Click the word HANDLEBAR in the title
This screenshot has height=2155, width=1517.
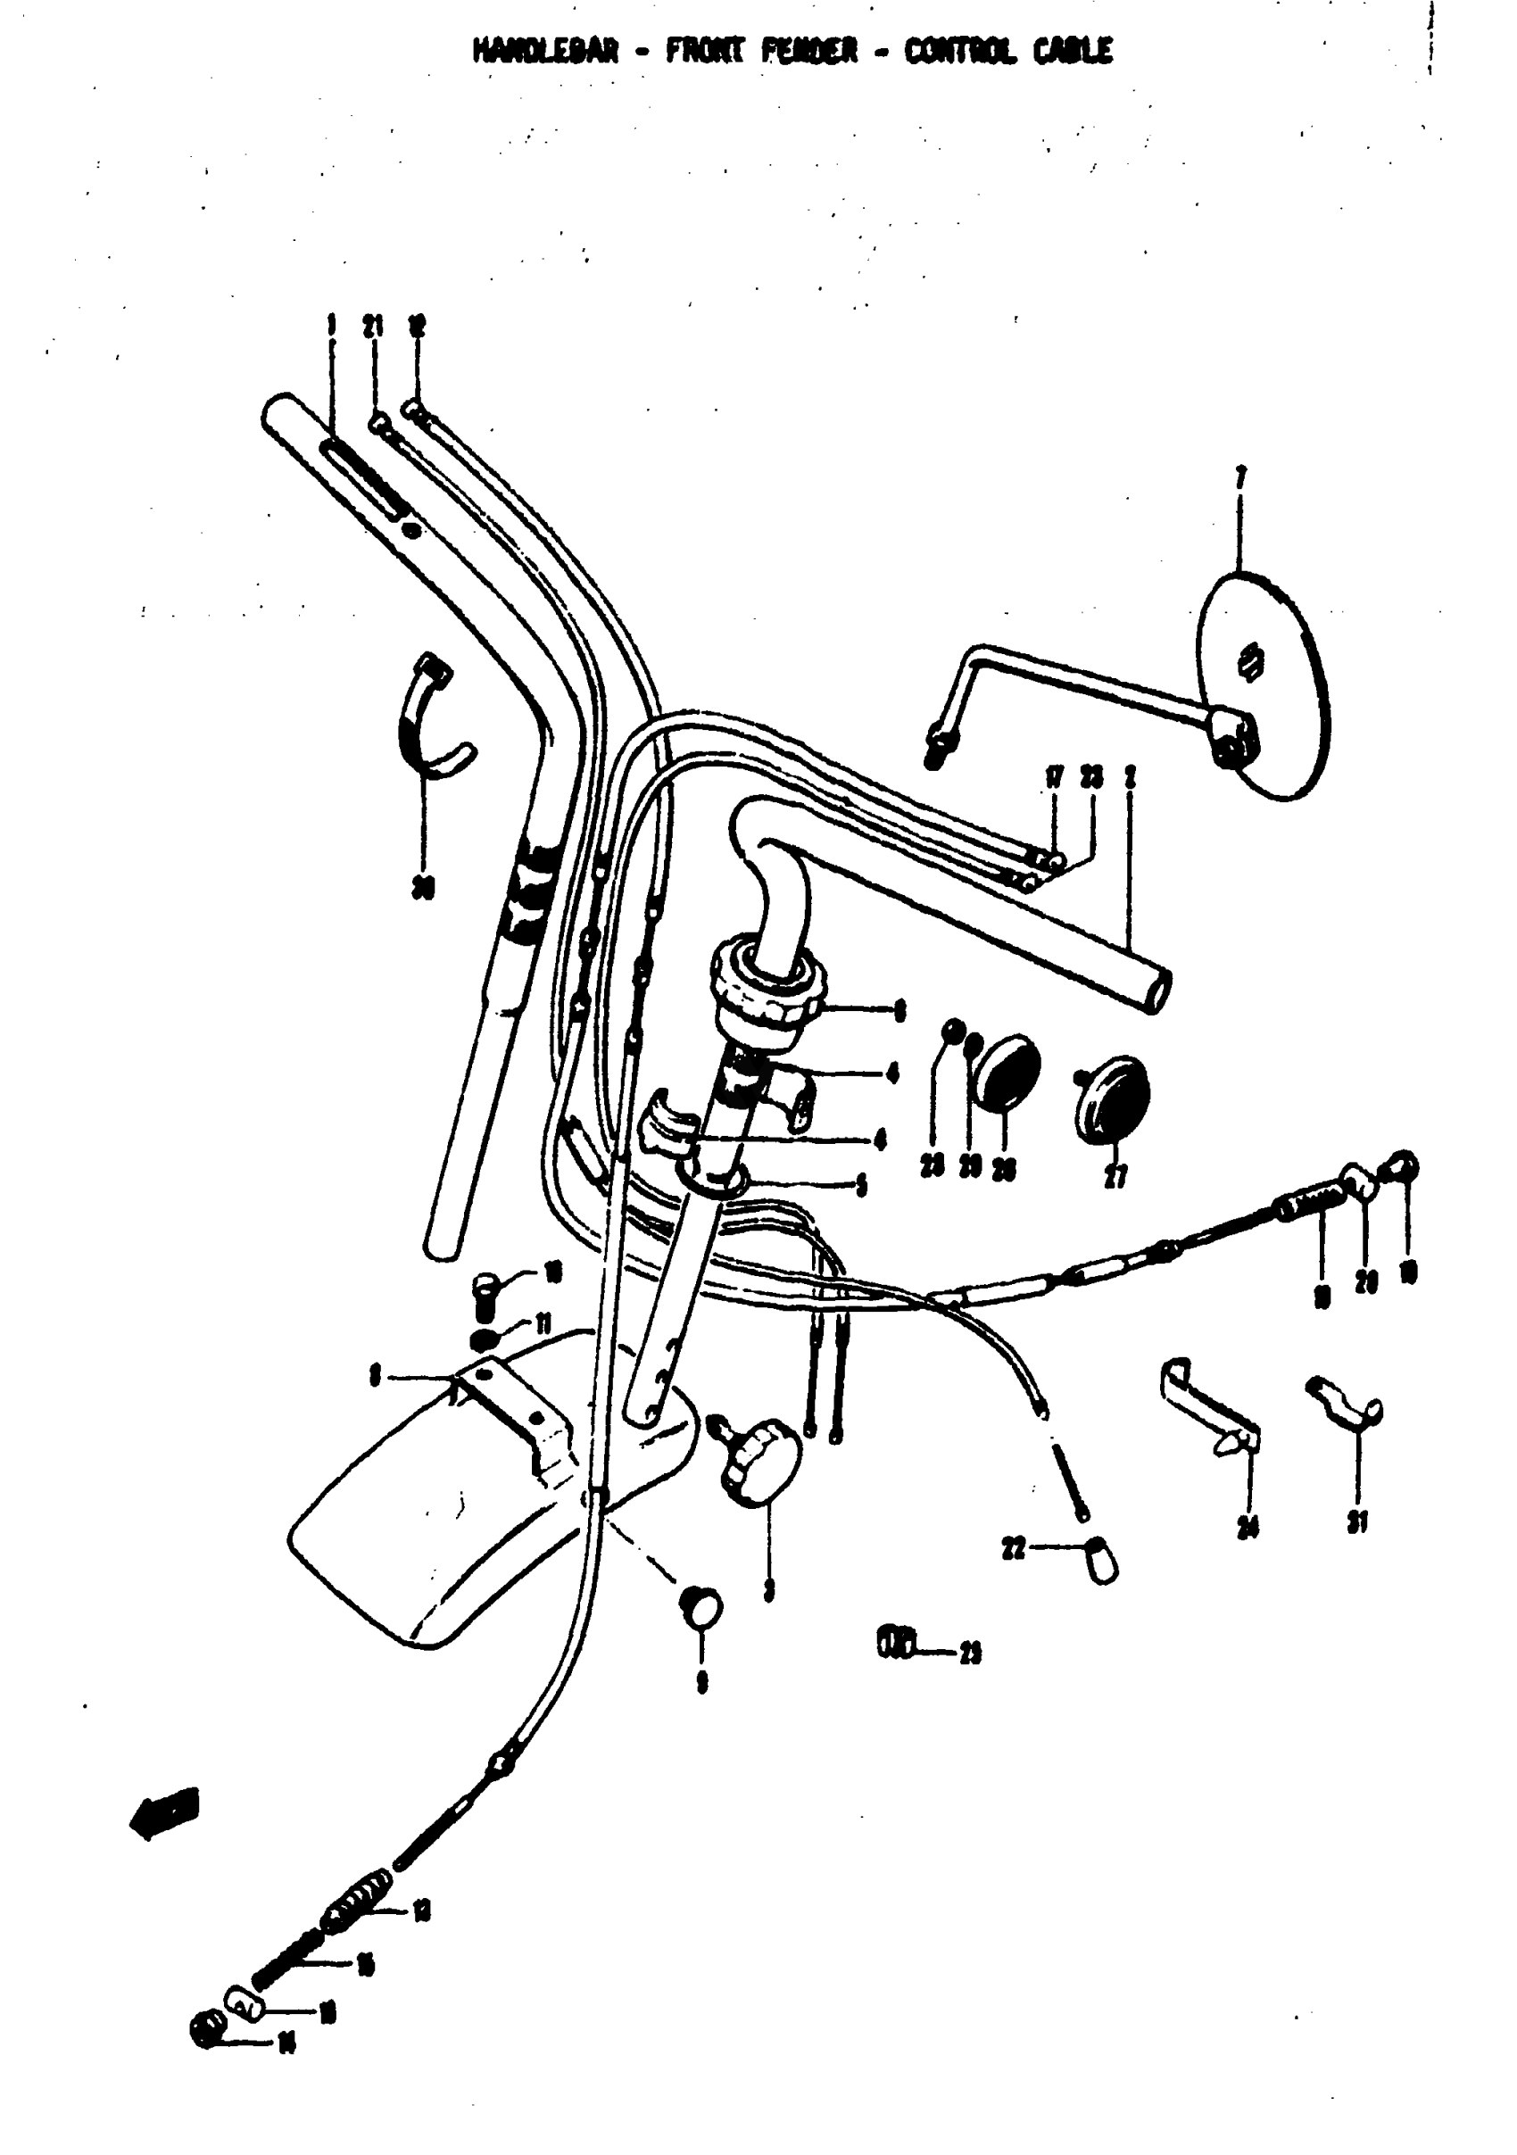point(546,51)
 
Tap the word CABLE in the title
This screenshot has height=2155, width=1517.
point(1073,51)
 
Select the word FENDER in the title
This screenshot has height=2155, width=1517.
point(809,51)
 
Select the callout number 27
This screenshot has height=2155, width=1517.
point(1115,1176)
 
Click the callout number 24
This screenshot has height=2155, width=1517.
point(1248,1528)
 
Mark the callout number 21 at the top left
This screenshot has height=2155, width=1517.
point(374,327)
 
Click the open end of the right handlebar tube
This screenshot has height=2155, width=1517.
point(1158,991)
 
